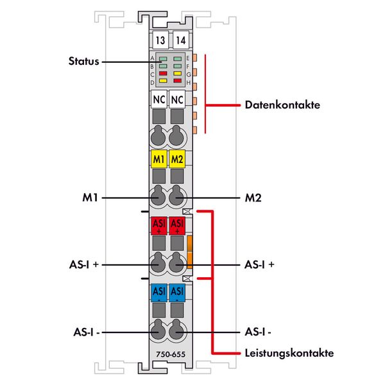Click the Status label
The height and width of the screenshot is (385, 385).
84,62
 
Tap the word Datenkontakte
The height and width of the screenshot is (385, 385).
282,105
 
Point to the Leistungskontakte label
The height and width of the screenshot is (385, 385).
289,353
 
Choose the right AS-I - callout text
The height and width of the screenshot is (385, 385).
261,333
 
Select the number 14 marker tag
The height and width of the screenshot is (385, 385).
180,40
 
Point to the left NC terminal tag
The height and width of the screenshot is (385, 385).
158,100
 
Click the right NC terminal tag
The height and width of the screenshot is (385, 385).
179,100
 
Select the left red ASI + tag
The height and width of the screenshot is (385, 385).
158,226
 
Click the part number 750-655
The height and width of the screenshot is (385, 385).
169,353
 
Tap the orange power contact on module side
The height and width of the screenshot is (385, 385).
190,252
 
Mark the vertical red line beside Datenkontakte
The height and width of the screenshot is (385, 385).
205,93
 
